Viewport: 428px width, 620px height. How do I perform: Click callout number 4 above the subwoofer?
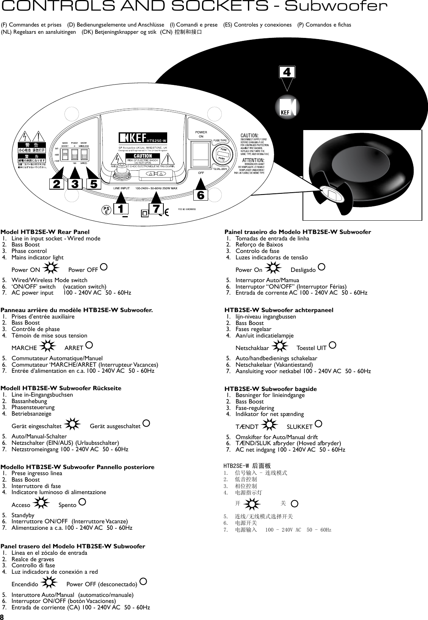(x=287, y=72)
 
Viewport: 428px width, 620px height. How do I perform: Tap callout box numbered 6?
(x=201, y=195)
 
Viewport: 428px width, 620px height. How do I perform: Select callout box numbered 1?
(x=121, y=209)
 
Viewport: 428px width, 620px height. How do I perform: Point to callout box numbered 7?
(x=156, y=209)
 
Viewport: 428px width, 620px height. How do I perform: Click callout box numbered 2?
(x=56, y=184)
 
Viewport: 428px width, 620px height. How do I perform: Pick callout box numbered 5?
(x=93, y=184)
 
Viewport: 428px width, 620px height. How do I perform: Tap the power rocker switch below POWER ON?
(x=201, y=154)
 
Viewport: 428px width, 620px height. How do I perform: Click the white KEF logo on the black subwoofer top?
(x=287, y=107)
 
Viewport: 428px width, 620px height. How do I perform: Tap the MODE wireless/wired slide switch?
(x=84, y=154)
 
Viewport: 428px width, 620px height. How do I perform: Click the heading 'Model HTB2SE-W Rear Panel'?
(x=45, y=232)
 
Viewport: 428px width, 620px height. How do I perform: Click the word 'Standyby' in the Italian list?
(x=23, y=515)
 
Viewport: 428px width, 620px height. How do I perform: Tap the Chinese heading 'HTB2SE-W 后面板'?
(x=247, y=466)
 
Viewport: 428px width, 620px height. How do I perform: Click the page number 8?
(x=2, y=616)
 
